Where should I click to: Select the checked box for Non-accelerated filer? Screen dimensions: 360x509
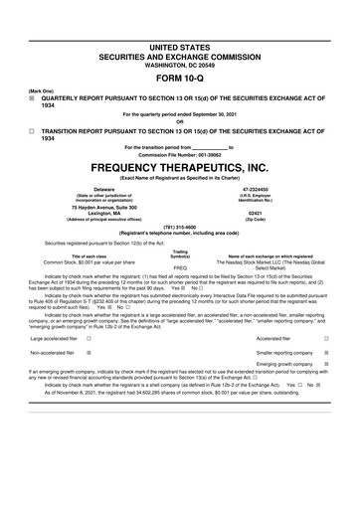90,352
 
